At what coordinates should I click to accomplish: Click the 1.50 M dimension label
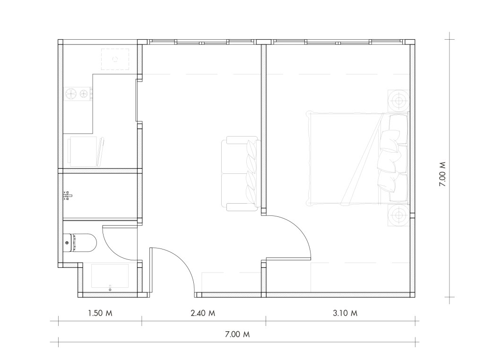point(100,313)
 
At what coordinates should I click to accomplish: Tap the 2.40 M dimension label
point(203,313)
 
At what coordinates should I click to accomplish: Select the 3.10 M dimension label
point(345,313)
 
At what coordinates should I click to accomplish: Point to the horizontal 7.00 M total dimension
point(237,334)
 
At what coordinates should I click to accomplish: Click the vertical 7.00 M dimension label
point(442,174)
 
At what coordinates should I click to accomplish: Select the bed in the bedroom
point(357,159)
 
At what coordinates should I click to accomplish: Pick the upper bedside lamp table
point(398,100)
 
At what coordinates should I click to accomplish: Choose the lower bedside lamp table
point(398,215)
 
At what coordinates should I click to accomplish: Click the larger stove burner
point(71,93)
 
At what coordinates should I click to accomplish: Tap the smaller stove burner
point(83,93)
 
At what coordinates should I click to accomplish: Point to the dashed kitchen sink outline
point(115,59)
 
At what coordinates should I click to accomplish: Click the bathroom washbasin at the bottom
point(110,276)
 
